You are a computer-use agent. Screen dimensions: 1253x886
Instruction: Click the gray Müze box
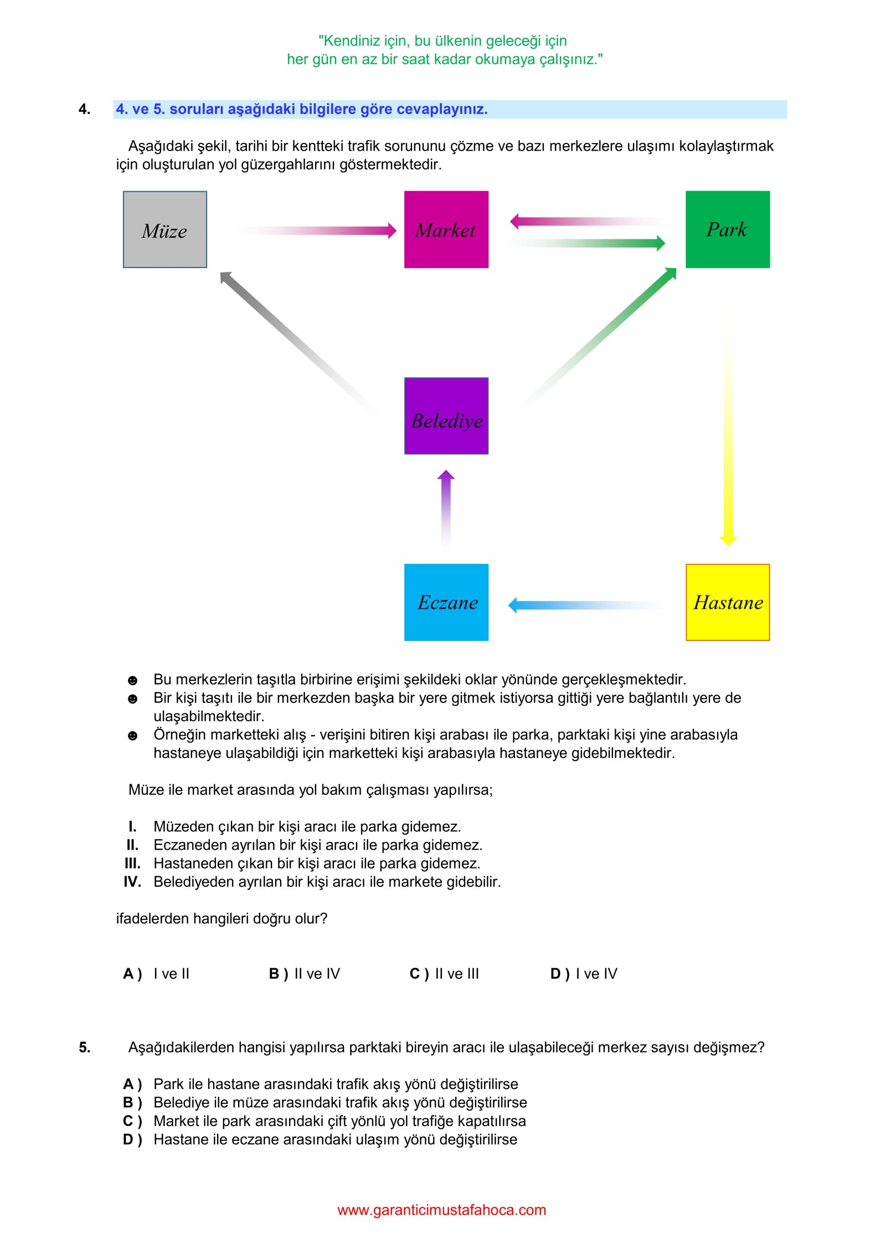click(164, 229)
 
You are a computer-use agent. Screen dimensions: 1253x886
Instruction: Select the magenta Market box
click(446, 229)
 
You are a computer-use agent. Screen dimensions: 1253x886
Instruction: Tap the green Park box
click(727, 229)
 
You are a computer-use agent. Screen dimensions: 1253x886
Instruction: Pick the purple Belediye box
click(446, 416)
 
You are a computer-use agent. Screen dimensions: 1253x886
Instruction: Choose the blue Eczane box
click(446, 602)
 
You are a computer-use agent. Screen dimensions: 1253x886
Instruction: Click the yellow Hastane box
click(727, 602)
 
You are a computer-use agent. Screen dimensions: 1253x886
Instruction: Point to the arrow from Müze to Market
click(332, 230)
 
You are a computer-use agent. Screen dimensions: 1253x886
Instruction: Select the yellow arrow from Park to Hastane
click(728, 443)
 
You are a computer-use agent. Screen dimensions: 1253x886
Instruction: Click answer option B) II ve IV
click(304, 973)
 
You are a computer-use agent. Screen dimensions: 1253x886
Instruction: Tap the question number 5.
click(84, 1047)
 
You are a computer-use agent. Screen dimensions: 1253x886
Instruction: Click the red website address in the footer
click(441, 1210)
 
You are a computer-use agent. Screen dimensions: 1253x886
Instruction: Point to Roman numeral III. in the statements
click(132, 863)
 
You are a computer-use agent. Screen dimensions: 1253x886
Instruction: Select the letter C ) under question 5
click(132, 1121)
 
